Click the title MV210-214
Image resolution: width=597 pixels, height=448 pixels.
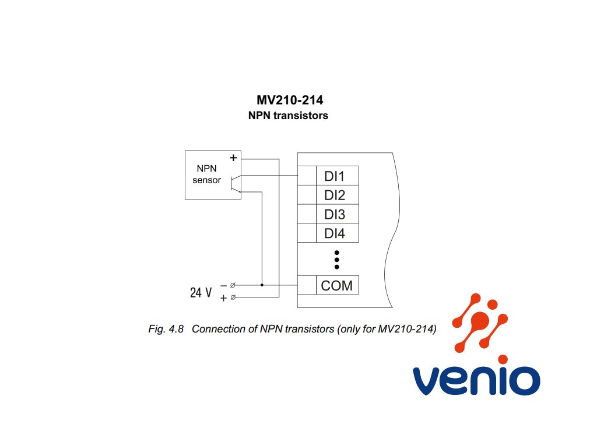click(290, 100)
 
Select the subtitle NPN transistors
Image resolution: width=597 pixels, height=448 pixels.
click(288, 116)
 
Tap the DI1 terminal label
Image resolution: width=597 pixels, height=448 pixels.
click(335, 176)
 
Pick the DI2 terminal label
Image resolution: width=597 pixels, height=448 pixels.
click(335, 195)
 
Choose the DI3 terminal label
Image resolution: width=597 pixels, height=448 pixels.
click(335, 215)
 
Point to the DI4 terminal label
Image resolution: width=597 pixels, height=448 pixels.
click(335, 234)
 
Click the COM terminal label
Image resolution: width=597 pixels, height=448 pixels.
click(336, 286)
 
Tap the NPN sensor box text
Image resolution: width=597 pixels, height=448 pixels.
click(206, 174)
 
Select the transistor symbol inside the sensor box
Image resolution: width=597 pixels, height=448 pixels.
click(234, 183)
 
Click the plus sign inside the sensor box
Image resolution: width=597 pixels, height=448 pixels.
click(233, 157)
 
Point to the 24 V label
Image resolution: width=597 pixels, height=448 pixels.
click(201, 292)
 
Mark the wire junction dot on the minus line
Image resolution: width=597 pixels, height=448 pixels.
click(262, 285)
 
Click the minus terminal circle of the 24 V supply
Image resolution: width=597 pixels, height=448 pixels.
click(233, 285)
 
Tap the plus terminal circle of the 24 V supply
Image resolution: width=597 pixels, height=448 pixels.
click(233, 298)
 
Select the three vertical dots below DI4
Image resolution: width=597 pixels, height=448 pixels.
click(336, 260)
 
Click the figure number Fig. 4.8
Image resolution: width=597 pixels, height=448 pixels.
click(166, 329)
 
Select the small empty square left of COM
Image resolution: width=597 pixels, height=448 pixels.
click(307, 285)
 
